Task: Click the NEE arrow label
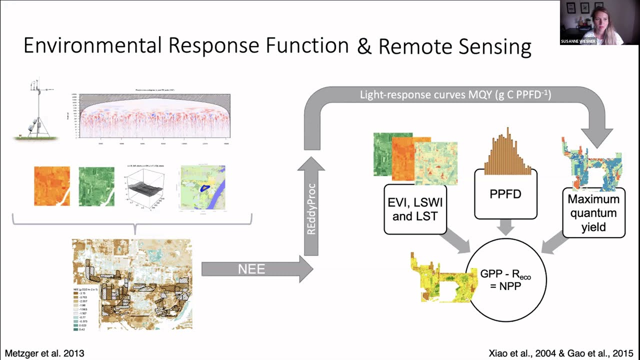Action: coord(251,269)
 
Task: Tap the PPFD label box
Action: coord(505,194)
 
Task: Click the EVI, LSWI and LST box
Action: coord(415,209)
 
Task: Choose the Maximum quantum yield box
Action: coord(593,213)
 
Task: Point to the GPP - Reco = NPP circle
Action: coord(506,280)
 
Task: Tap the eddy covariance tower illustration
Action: coord(37,111)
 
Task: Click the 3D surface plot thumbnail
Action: coord(145,186)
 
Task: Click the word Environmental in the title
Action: coord(93,45)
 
